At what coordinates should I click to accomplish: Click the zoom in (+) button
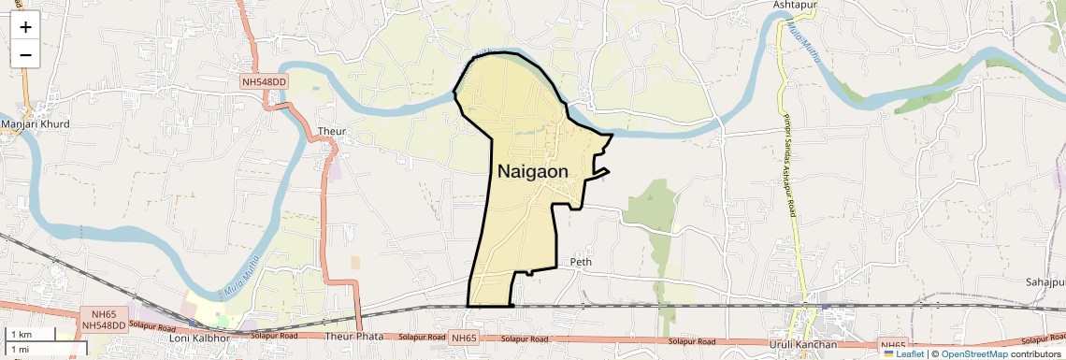(x=25, y=26)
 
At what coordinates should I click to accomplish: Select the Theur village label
(x=331, y=131)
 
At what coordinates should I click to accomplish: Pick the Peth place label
(x=581, y=263)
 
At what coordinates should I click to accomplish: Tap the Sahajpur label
(x=1045, y=281)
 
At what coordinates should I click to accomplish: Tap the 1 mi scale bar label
(x=20, y=349)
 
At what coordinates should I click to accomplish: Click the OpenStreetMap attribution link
(x=973, y=353)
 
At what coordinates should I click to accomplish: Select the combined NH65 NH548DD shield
(x=104, y=320)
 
